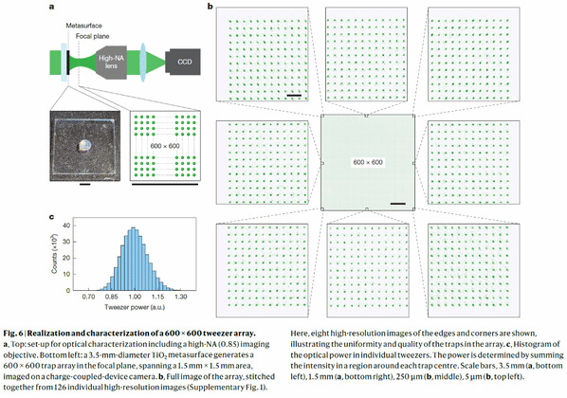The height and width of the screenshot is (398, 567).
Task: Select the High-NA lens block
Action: (111, 63)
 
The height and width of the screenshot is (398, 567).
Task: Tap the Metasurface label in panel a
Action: (83, 26)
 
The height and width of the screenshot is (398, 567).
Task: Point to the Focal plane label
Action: (93, 36)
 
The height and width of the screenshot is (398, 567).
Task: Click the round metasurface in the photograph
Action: (85, 146)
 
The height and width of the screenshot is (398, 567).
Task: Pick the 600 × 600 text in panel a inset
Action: (165, 146)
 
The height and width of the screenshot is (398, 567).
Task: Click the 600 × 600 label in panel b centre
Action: (368, 162)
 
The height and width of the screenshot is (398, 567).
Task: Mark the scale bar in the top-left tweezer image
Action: (294, 96)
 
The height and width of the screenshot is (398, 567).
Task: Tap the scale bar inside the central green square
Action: (398, 204)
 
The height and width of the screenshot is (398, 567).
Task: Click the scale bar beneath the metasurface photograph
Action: (85, 185)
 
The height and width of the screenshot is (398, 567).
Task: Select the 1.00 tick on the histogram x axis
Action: (135, 297)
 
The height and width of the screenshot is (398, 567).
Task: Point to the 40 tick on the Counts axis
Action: (66, 226)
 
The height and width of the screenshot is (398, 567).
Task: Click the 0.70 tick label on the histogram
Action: (88, 297)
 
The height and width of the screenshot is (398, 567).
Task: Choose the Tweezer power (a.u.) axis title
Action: (135, 307)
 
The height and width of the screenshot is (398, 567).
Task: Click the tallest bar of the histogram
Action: (133, 259)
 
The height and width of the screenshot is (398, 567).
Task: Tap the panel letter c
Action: (52, 217)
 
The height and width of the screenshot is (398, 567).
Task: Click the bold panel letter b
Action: (210, 6)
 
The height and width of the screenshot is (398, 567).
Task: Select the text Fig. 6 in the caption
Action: (13, 334)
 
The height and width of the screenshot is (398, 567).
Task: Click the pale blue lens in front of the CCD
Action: (143, 63)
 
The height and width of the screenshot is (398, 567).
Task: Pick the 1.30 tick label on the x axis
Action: (181, 297)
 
